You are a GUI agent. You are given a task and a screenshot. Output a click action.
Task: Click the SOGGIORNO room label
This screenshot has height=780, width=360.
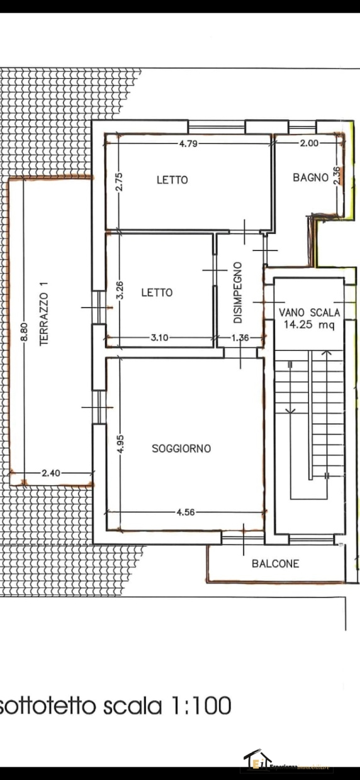tap(181, 448)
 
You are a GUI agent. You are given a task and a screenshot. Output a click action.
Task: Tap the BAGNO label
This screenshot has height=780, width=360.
tap(310, 177)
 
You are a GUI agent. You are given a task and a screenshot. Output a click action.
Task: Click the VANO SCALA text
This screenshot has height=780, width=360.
tap(310, 312)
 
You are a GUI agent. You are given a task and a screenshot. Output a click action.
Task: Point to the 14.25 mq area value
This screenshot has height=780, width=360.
tap(310, 325)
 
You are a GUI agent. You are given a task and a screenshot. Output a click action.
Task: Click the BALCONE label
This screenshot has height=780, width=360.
tap(275, 564)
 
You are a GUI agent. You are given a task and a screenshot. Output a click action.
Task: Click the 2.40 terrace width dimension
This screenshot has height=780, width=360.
tap(50, 474)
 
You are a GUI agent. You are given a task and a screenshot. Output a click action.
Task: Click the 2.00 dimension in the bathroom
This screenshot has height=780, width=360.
tap(309, 143)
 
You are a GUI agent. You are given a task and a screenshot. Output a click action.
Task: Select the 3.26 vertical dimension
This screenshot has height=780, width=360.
tap(120, 289)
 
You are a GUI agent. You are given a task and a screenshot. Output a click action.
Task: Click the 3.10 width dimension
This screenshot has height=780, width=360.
tap(159, 338)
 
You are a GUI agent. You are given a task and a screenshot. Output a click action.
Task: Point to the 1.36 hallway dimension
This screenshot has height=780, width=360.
tap(240, 338)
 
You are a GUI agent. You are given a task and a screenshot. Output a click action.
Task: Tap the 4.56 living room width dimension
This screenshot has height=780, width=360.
tap(186, 512)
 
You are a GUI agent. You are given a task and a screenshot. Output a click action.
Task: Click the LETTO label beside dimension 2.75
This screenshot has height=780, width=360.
tap(172, 180)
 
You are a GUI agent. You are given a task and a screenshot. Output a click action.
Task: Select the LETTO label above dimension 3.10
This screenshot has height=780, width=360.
tap(157, 292)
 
